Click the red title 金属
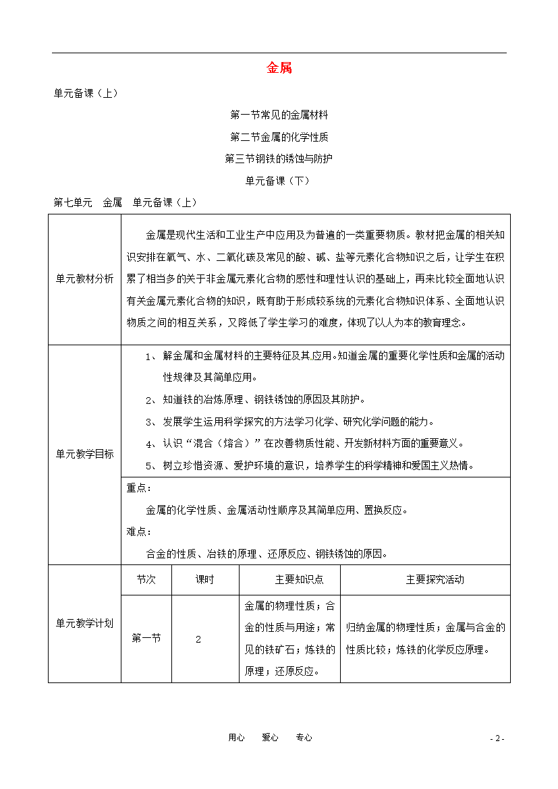click(x=279, y=68)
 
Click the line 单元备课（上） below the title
click(x=86, y=94)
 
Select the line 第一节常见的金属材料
click(x=279, y=115)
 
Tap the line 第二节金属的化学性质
click(x=279, y=137)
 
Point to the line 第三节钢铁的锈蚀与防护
click(x=279, y=158)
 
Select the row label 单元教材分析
click(x=84, y=279)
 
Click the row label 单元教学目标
click(x=84, y=454)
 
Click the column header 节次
click(x=146, y=579)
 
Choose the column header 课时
click(x=204, y=579)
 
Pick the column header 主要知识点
click(x=289, y=579)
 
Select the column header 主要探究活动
click(x=425, y=579)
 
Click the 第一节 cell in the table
click(x=146, y=639)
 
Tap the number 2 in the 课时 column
click(x=198, y=639)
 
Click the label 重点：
click(x=139, y=488)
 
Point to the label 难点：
click(x=139, y=531)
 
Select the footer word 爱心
click(x=270, y=738)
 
